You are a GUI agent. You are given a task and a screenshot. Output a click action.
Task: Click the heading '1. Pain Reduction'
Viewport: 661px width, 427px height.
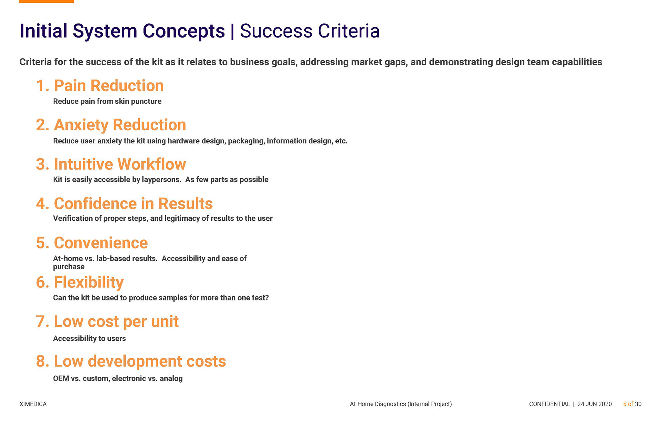click(x=100, y=86)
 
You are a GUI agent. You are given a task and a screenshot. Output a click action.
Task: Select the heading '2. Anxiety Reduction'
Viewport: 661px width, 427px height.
click(x=111, y=125)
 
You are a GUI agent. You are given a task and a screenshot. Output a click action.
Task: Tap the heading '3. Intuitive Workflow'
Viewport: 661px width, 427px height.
click(x=111, y=164)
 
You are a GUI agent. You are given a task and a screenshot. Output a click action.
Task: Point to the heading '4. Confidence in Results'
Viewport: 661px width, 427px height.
click(x=124, y=204)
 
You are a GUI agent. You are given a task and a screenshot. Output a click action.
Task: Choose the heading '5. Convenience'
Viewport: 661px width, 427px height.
click(x=92, y=243)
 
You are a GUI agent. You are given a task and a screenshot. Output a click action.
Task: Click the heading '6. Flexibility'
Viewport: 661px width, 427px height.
click(x=80, y=283)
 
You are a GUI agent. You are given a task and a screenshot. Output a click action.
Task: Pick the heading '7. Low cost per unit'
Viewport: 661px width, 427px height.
click(x=107, y=322)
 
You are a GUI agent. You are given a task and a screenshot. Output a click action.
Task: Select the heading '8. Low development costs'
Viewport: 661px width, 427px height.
click(x=131, y=361)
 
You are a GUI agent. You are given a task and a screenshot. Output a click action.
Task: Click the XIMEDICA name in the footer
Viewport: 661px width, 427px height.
click(x=33, y=404)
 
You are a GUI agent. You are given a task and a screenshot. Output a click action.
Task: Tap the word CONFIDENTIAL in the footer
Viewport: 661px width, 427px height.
click(x=549, y=404)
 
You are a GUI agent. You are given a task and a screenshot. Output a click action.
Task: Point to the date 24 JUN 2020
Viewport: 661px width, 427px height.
click(x=595, y=404)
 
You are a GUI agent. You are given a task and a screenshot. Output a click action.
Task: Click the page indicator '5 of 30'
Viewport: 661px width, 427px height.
click(x=632, y=404)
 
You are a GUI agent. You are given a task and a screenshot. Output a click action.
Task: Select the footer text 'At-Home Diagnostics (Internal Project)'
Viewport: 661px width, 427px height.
click(x=401, y=404)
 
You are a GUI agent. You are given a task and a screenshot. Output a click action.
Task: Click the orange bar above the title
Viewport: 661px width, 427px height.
click(x=46, y=1)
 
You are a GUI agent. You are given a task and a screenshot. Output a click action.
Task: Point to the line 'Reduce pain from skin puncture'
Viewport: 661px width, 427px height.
click(x=107, y=101)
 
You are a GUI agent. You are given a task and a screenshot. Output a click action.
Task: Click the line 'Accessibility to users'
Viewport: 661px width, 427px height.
click(x=90, y=339)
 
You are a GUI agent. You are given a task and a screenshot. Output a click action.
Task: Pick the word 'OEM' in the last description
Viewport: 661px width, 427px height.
click(x=61, y=379)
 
